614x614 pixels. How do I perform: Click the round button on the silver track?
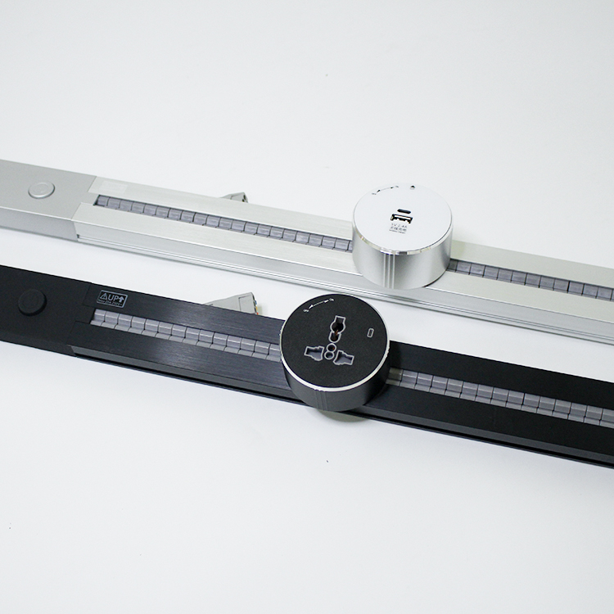tap(41, 190)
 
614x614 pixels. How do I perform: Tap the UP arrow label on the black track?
tap(112, 298)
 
